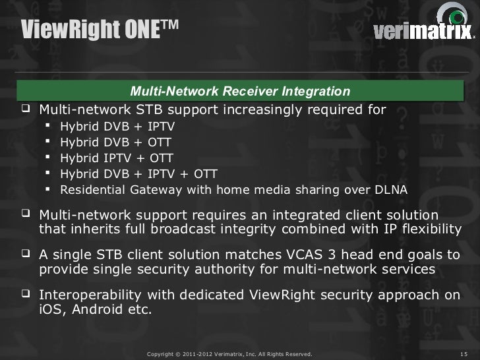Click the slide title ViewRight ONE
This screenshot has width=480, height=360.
(98, 28)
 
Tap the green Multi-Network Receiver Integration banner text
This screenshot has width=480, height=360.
(240, 90)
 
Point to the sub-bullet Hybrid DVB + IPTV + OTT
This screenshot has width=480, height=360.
(138, 174)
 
